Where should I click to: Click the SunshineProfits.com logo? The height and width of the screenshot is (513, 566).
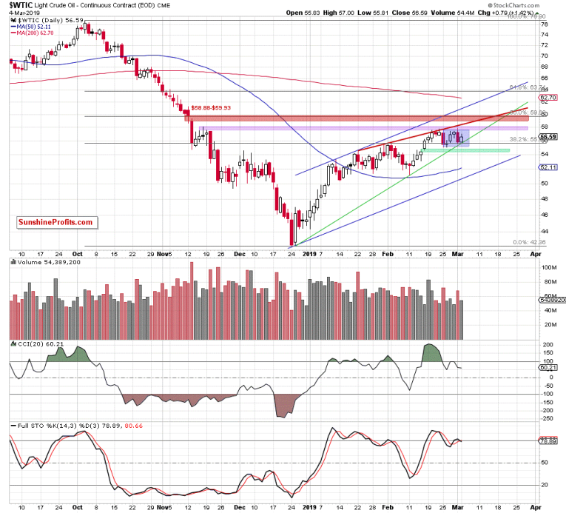55,221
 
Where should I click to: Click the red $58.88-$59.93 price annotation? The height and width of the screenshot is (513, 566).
221,107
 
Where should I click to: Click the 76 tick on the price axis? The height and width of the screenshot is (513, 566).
544,24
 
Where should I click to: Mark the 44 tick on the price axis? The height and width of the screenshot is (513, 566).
544,229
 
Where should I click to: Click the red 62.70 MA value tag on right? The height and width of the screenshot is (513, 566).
548,97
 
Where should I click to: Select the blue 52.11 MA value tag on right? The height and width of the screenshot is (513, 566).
548,167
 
